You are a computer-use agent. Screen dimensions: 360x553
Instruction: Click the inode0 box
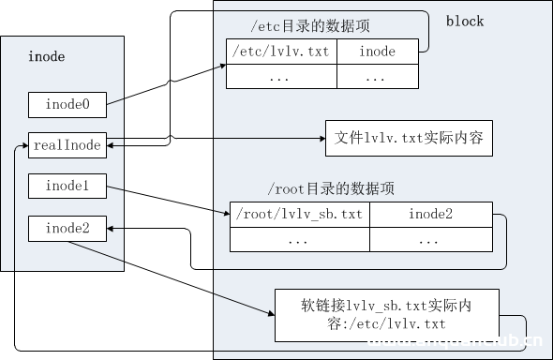(x=67, y=105)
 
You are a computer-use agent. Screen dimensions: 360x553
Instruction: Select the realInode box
(x=67, y=144)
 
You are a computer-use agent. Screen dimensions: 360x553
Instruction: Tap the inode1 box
(x=67, y=186)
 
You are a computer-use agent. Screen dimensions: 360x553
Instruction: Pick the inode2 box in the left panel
(x=67, y=227)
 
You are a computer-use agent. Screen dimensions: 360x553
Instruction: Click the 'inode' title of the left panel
(x=48, y=58)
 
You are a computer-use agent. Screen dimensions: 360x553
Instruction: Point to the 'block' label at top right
(x=465, y=21)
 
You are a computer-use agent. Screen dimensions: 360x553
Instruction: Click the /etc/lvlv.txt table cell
(x=281, y=52)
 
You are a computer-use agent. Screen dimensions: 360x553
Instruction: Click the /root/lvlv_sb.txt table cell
(x=299, y=215)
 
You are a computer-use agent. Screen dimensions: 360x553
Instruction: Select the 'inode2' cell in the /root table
(x=430, y=215)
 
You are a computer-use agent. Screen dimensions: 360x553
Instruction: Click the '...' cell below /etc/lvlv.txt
(x=281, y=78)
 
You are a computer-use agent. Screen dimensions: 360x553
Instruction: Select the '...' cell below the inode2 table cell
(x=430, y=240)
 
